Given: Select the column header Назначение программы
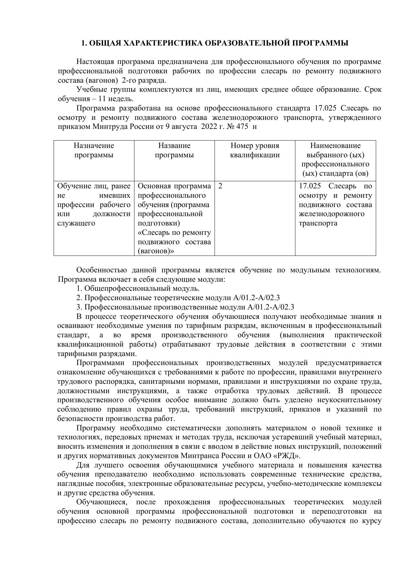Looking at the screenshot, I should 94,150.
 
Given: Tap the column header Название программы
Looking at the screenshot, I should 174,150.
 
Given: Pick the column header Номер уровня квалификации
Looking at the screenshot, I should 255,150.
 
